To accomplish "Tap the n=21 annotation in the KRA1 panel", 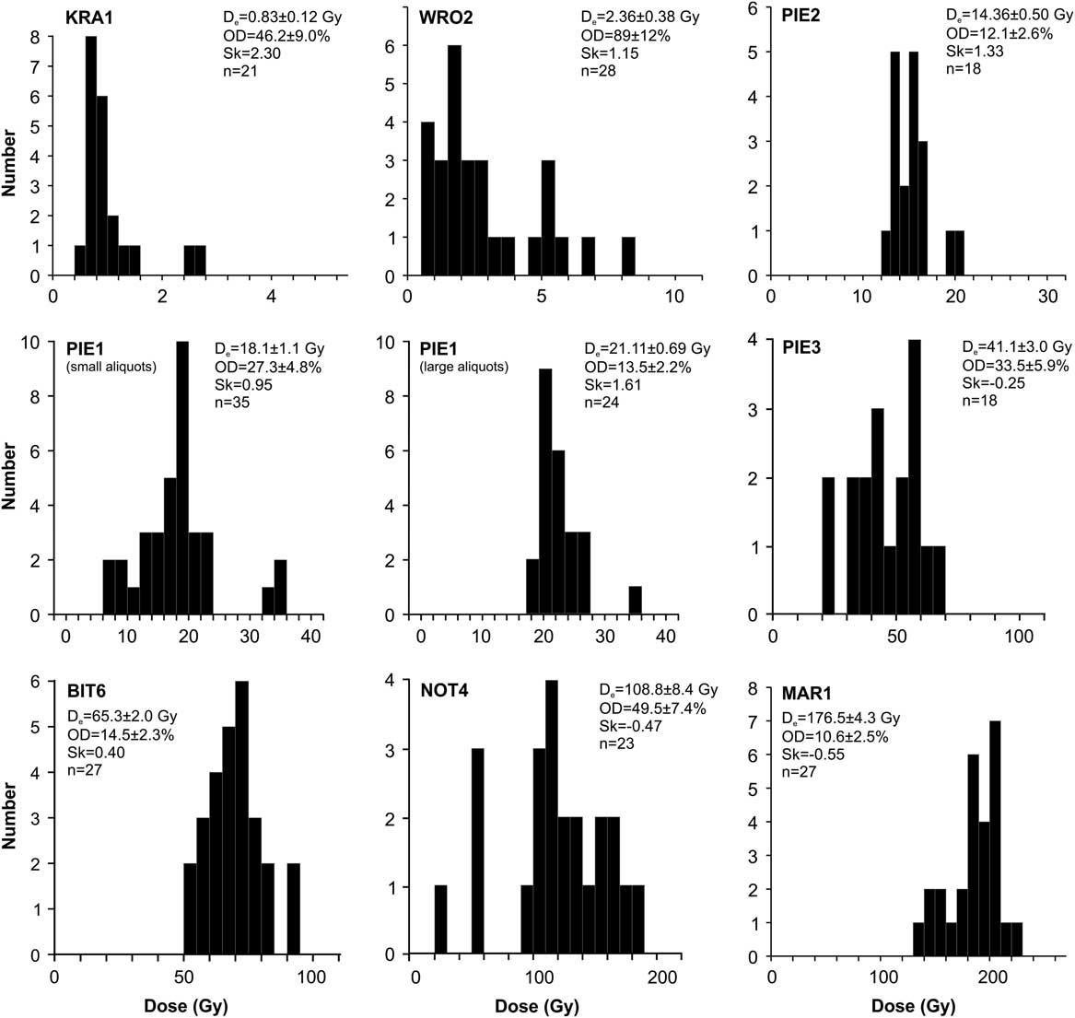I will point(232,70).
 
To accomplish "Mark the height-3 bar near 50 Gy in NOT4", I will point(477,851).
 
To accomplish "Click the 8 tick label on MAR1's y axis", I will point(755,689).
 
